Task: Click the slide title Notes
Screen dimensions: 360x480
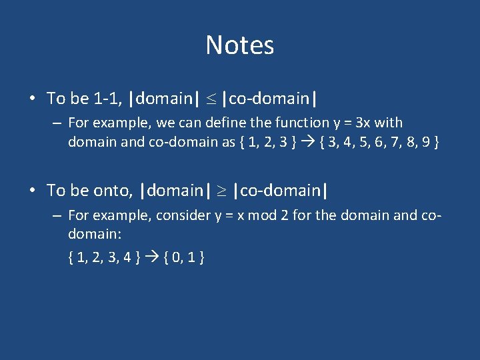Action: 239,45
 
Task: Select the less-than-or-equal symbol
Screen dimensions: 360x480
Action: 210,99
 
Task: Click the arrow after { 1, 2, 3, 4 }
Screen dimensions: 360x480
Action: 150,257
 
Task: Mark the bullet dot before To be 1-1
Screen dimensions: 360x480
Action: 32,99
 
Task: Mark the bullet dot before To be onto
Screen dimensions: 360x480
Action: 32,191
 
